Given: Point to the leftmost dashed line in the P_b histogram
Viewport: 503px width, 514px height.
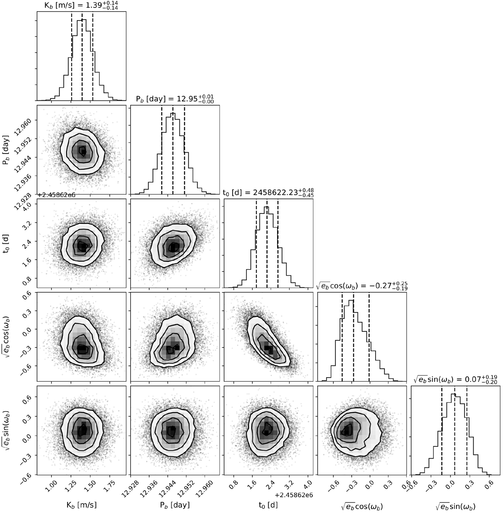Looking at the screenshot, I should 162,149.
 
